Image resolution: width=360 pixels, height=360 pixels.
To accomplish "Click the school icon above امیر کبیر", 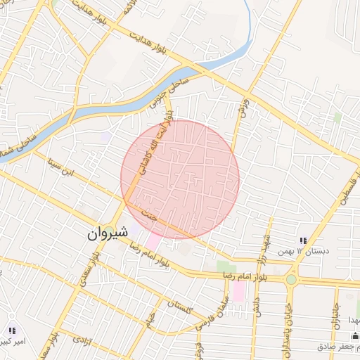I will click(x=11, y=330).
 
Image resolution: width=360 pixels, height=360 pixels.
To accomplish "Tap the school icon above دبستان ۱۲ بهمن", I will click(x=303, y=241).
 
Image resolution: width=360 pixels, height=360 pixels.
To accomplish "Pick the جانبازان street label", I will click(x=335, y=309).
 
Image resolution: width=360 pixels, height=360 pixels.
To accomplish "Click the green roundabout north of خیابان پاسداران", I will click(x=291, y=279).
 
